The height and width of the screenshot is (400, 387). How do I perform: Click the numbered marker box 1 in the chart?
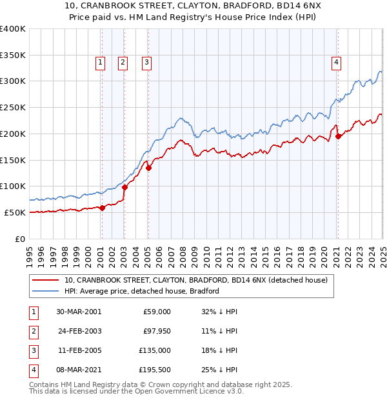coord(101,63)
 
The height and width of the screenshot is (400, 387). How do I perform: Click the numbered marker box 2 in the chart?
coord(123,63)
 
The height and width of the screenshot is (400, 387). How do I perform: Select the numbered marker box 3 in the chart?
coord(147,63)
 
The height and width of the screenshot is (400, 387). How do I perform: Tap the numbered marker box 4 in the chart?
coord(337,63)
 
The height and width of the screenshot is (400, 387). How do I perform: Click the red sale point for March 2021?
coord(339,136)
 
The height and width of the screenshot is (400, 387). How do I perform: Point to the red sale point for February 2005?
coord(148,168)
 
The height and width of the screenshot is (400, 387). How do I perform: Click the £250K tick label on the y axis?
coord(12,107)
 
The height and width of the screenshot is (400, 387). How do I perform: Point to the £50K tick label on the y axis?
coord(15,212)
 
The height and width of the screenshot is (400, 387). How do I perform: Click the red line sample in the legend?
coord(46,280)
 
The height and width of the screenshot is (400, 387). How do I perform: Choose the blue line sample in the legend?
coord(46,291)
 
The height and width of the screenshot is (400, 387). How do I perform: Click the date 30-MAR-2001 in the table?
coord(79,311)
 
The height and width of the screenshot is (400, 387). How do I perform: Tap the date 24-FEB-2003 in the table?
coord(79,331)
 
